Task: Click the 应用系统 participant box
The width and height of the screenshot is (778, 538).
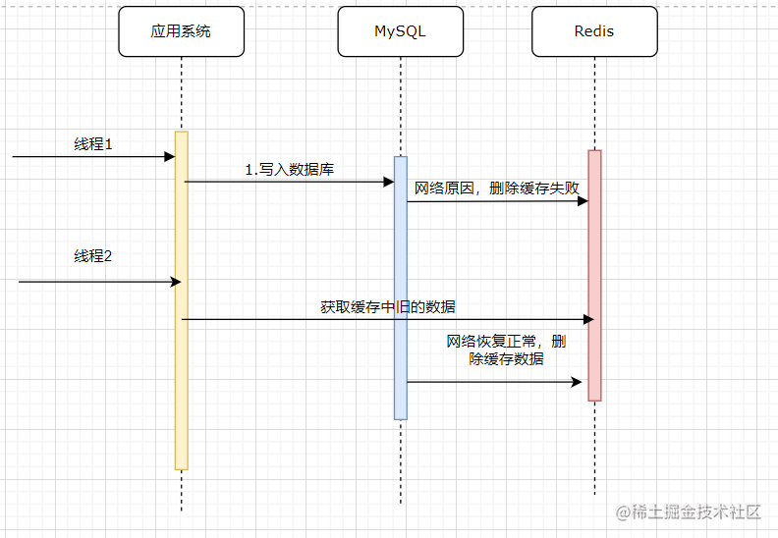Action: [x=181, y=31]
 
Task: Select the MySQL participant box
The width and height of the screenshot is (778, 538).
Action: [x=400, y=31]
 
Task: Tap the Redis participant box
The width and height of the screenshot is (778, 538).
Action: [x=593, y=31]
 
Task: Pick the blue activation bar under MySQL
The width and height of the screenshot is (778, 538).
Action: [x=400, y=285]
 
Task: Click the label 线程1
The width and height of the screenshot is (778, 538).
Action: [x=93, y=143]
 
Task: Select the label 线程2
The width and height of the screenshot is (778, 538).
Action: [x=93, y=256]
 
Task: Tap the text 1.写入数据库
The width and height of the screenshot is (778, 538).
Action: [x=289, y=169]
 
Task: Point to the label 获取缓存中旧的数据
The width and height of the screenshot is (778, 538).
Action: [x=387, y=306]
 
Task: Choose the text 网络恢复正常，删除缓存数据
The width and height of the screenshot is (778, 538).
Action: [x=506, y=350]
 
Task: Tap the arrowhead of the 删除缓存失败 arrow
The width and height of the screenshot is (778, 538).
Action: [x=583, y=201]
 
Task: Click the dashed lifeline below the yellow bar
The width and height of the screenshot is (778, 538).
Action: [x=181, y=491]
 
